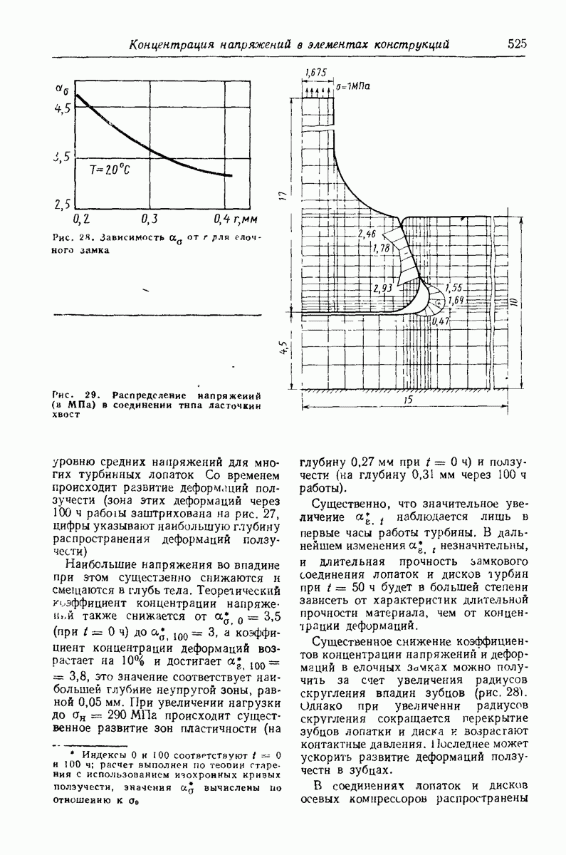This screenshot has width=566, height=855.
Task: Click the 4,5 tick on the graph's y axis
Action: (x=63, y=108)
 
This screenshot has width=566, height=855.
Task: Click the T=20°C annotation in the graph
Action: (x=109, y=170)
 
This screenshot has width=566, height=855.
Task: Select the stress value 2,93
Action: (x=382, y=289)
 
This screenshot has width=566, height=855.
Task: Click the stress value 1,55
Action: (x=454, y=288)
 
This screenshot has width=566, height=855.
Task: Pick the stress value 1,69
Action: (x=456, y=301)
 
